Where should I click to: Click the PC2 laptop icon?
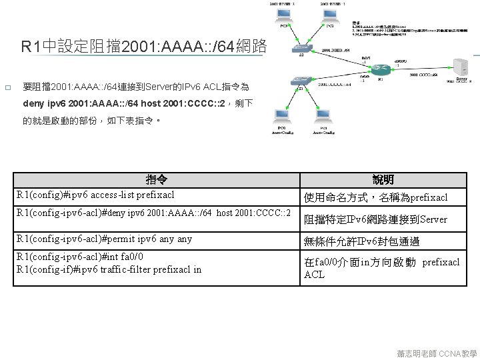point(330,13)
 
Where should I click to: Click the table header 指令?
point(157,180)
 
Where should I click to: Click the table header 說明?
point(383,180)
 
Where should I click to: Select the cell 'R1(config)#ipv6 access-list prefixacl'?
point(96,195)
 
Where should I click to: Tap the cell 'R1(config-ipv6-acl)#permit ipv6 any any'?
point(105,239)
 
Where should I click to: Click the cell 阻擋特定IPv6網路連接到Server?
point(376,219)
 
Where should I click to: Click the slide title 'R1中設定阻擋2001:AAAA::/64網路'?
point(144,47)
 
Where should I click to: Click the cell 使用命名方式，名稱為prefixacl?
point(376,197)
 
